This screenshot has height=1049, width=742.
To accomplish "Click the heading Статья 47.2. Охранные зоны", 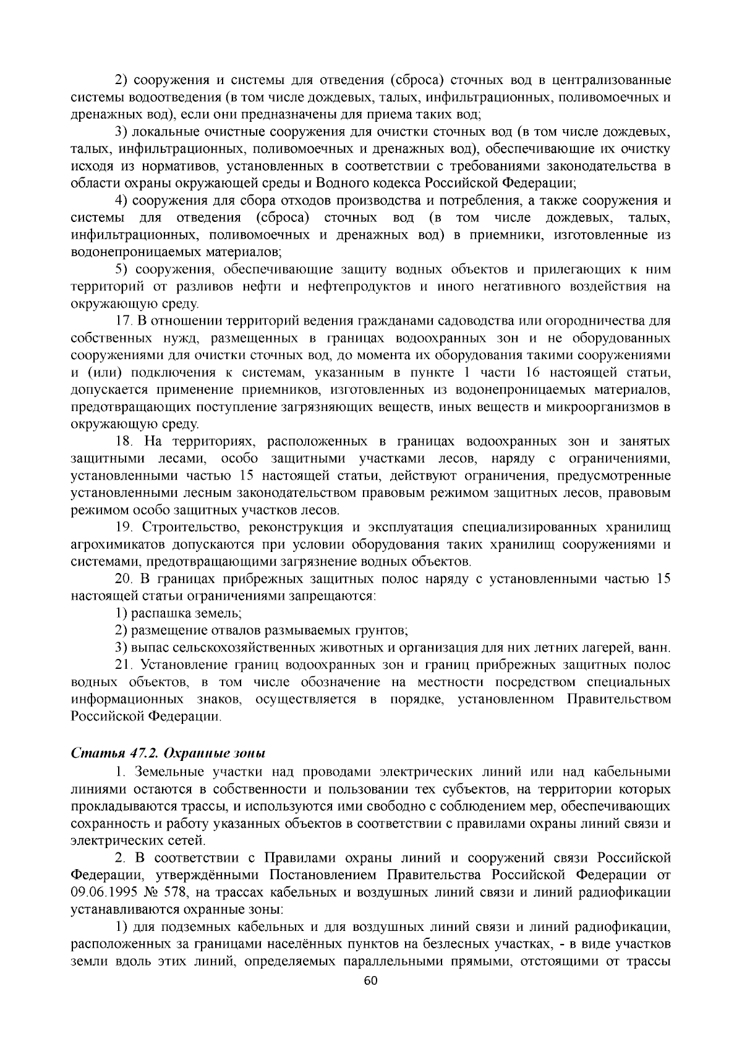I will pyautogui.click(x=168, y=754).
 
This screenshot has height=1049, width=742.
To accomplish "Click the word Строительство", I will pyautogui.click(x=181, y=527).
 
